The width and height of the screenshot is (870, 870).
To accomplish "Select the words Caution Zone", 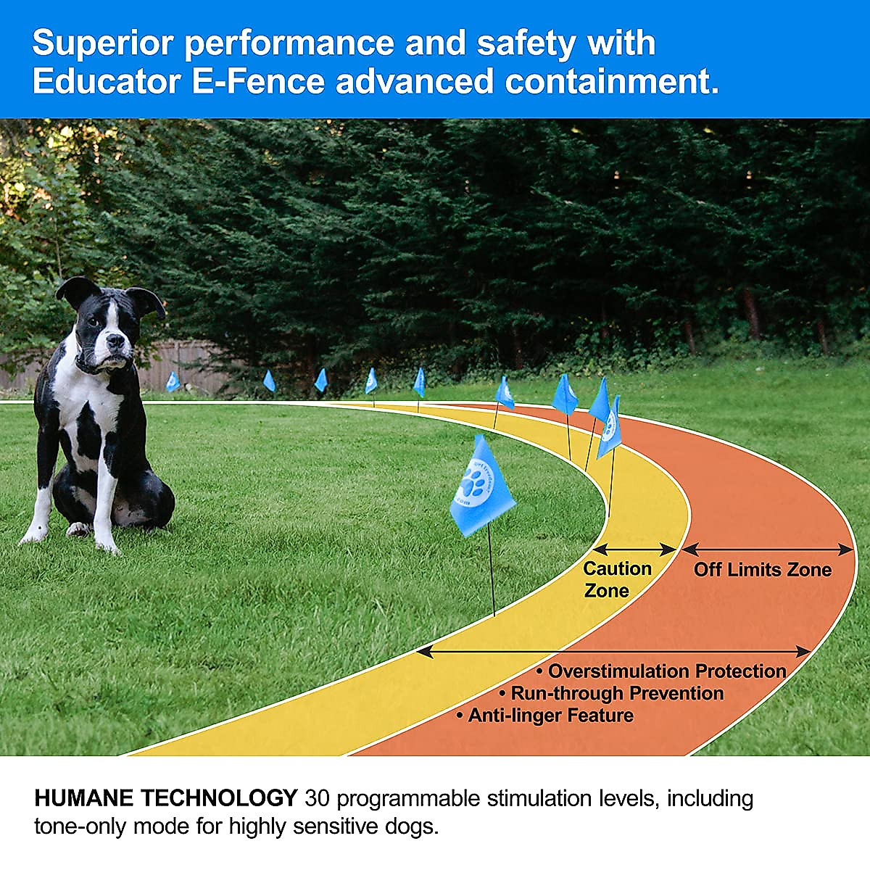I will (x=616, y=579).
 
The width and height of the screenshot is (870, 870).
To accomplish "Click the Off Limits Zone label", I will (x=762, y=570).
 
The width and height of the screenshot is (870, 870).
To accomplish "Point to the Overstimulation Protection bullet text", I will (x=666, y=671).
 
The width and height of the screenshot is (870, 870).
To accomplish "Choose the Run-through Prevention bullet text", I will (x=617, y=694).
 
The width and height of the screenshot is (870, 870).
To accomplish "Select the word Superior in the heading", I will (x=102, y=43).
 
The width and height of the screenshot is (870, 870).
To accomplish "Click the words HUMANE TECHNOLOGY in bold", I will (x=166, y=799).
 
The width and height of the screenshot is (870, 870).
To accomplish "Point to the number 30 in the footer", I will (x=318, y=799).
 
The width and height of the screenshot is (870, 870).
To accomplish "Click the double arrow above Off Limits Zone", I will (x=768, y=549).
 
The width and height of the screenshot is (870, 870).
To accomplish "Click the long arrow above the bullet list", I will (x=613, y=652).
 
